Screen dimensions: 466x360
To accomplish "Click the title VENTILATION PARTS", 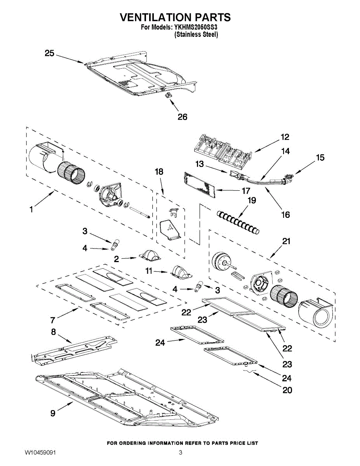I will pos(175,17).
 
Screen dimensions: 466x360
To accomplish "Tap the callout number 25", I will pos(49,53).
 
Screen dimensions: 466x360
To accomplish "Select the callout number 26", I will pos(182,117).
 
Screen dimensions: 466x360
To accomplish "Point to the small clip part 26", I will pos(169,95).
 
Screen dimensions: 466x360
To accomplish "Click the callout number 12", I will pos(285,137).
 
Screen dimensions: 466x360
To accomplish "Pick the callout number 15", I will pos(320,158).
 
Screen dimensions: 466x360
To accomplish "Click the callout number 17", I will pos(246,191).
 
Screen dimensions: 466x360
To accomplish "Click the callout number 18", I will pos(159,172).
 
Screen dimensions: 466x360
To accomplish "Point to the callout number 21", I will pos(286,241).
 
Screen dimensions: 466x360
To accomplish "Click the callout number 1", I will pos(31,210).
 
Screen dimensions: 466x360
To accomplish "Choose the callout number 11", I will pos(149,271).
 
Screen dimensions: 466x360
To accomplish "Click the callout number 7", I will pos(53,320).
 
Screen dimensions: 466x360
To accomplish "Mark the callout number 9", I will pos(53,414).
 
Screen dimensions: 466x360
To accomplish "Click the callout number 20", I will pos(287,390).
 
